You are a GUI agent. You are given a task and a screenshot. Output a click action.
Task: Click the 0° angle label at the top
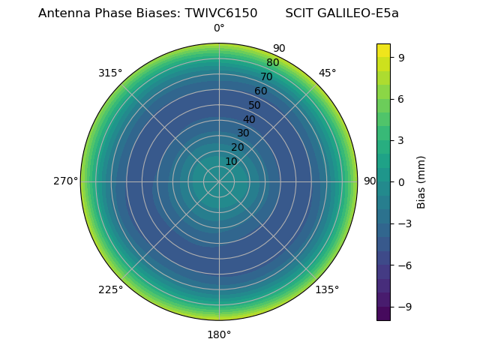[x=219, y=28]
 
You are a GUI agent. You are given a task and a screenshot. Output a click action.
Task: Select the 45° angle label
[x=328, y=73]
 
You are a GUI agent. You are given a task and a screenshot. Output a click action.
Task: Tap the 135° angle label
[x=327, y=289]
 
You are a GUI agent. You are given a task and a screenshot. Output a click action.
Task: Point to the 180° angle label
[x=219, y=334]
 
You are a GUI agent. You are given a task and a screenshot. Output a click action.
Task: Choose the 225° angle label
[x=110, y=289]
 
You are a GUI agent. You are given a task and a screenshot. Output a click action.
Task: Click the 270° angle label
[x=65, y=181]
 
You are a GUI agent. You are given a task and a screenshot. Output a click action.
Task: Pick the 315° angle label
[x=110, y=73]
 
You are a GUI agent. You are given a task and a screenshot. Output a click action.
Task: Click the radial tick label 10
[x=231, y=161]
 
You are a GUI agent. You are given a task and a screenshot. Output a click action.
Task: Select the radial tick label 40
[x=249, y=119]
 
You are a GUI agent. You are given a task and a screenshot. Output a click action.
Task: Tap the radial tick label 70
[x=266, y=76]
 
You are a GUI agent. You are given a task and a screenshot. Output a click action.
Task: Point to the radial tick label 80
[x=272, y=63]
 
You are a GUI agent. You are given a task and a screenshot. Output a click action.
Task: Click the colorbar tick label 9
[x=401, y=57]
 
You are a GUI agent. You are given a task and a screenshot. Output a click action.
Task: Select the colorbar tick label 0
[x=401, y=181]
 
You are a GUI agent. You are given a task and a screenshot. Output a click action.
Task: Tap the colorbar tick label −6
[x=403, y=265]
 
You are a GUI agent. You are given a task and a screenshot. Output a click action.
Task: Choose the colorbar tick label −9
[x=403, y=307]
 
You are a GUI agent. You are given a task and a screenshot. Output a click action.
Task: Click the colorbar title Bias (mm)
[x=421, y=181]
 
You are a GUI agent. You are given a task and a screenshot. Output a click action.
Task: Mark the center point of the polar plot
[x=219, y=181]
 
